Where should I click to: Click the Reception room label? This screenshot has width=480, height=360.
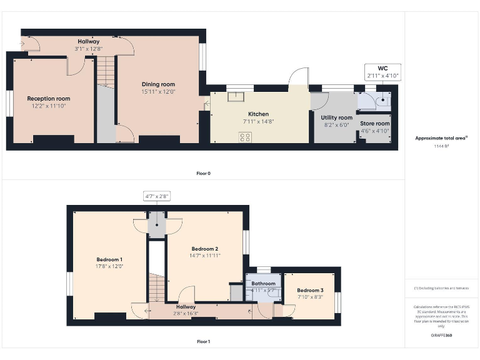tap(48, 99)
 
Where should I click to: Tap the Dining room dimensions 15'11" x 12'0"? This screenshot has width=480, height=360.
tap(158, 92)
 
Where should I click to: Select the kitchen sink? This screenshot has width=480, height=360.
tap(236, 96)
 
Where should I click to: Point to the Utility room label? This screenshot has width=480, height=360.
tap(336, 117)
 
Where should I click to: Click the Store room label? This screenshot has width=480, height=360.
tap(374, 124)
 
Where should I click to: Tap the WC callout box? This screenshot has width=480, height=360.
tap(383, 71)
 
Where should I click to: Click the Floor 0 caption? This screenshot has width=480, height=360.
tap(203, 173)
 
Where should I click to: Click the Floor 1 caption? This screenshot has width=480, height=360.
tap(203, 342)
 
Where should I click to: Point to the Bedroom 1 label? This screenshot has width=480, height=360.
tap(109, 259)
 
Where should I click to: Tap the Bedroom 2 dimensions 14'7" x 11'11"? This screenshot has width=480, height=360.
tap(204, 256)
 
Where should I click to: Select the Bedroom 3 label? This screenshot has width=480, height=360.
tap(310, 291)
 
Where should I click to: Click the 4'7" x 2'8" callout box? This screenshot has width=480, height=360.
tap(157, 196)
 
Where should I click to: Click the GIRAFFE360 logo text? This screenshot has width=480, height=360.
tap(441, 336)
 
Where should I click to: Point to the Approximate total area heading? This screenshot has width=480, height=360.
tap(441, 138)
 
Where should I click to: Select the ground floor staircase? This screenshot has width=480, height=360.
tap(106, 72)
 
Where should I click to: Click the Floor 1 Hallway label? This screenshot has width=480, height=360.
tap(186, 307)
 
